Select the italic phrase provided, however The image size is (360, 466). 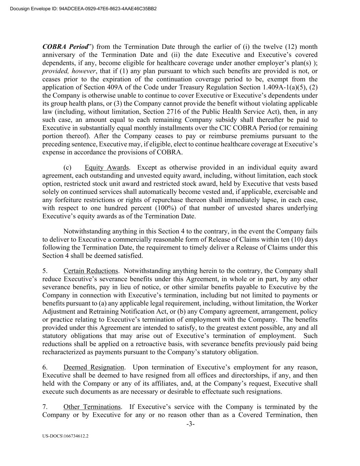69,71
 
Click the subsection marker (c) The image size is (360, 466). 67,168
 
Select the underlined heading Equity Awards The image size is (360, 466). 106,168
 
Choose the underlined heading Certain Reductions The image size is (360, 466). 90,271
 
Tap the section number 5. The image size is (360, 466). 45,271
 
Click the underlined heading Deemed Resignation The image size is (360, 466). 93,367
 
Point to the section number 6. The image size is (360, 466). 45,367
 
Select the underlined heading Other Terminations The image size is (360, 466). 92,407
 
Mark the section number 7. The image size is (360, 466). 45,407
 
